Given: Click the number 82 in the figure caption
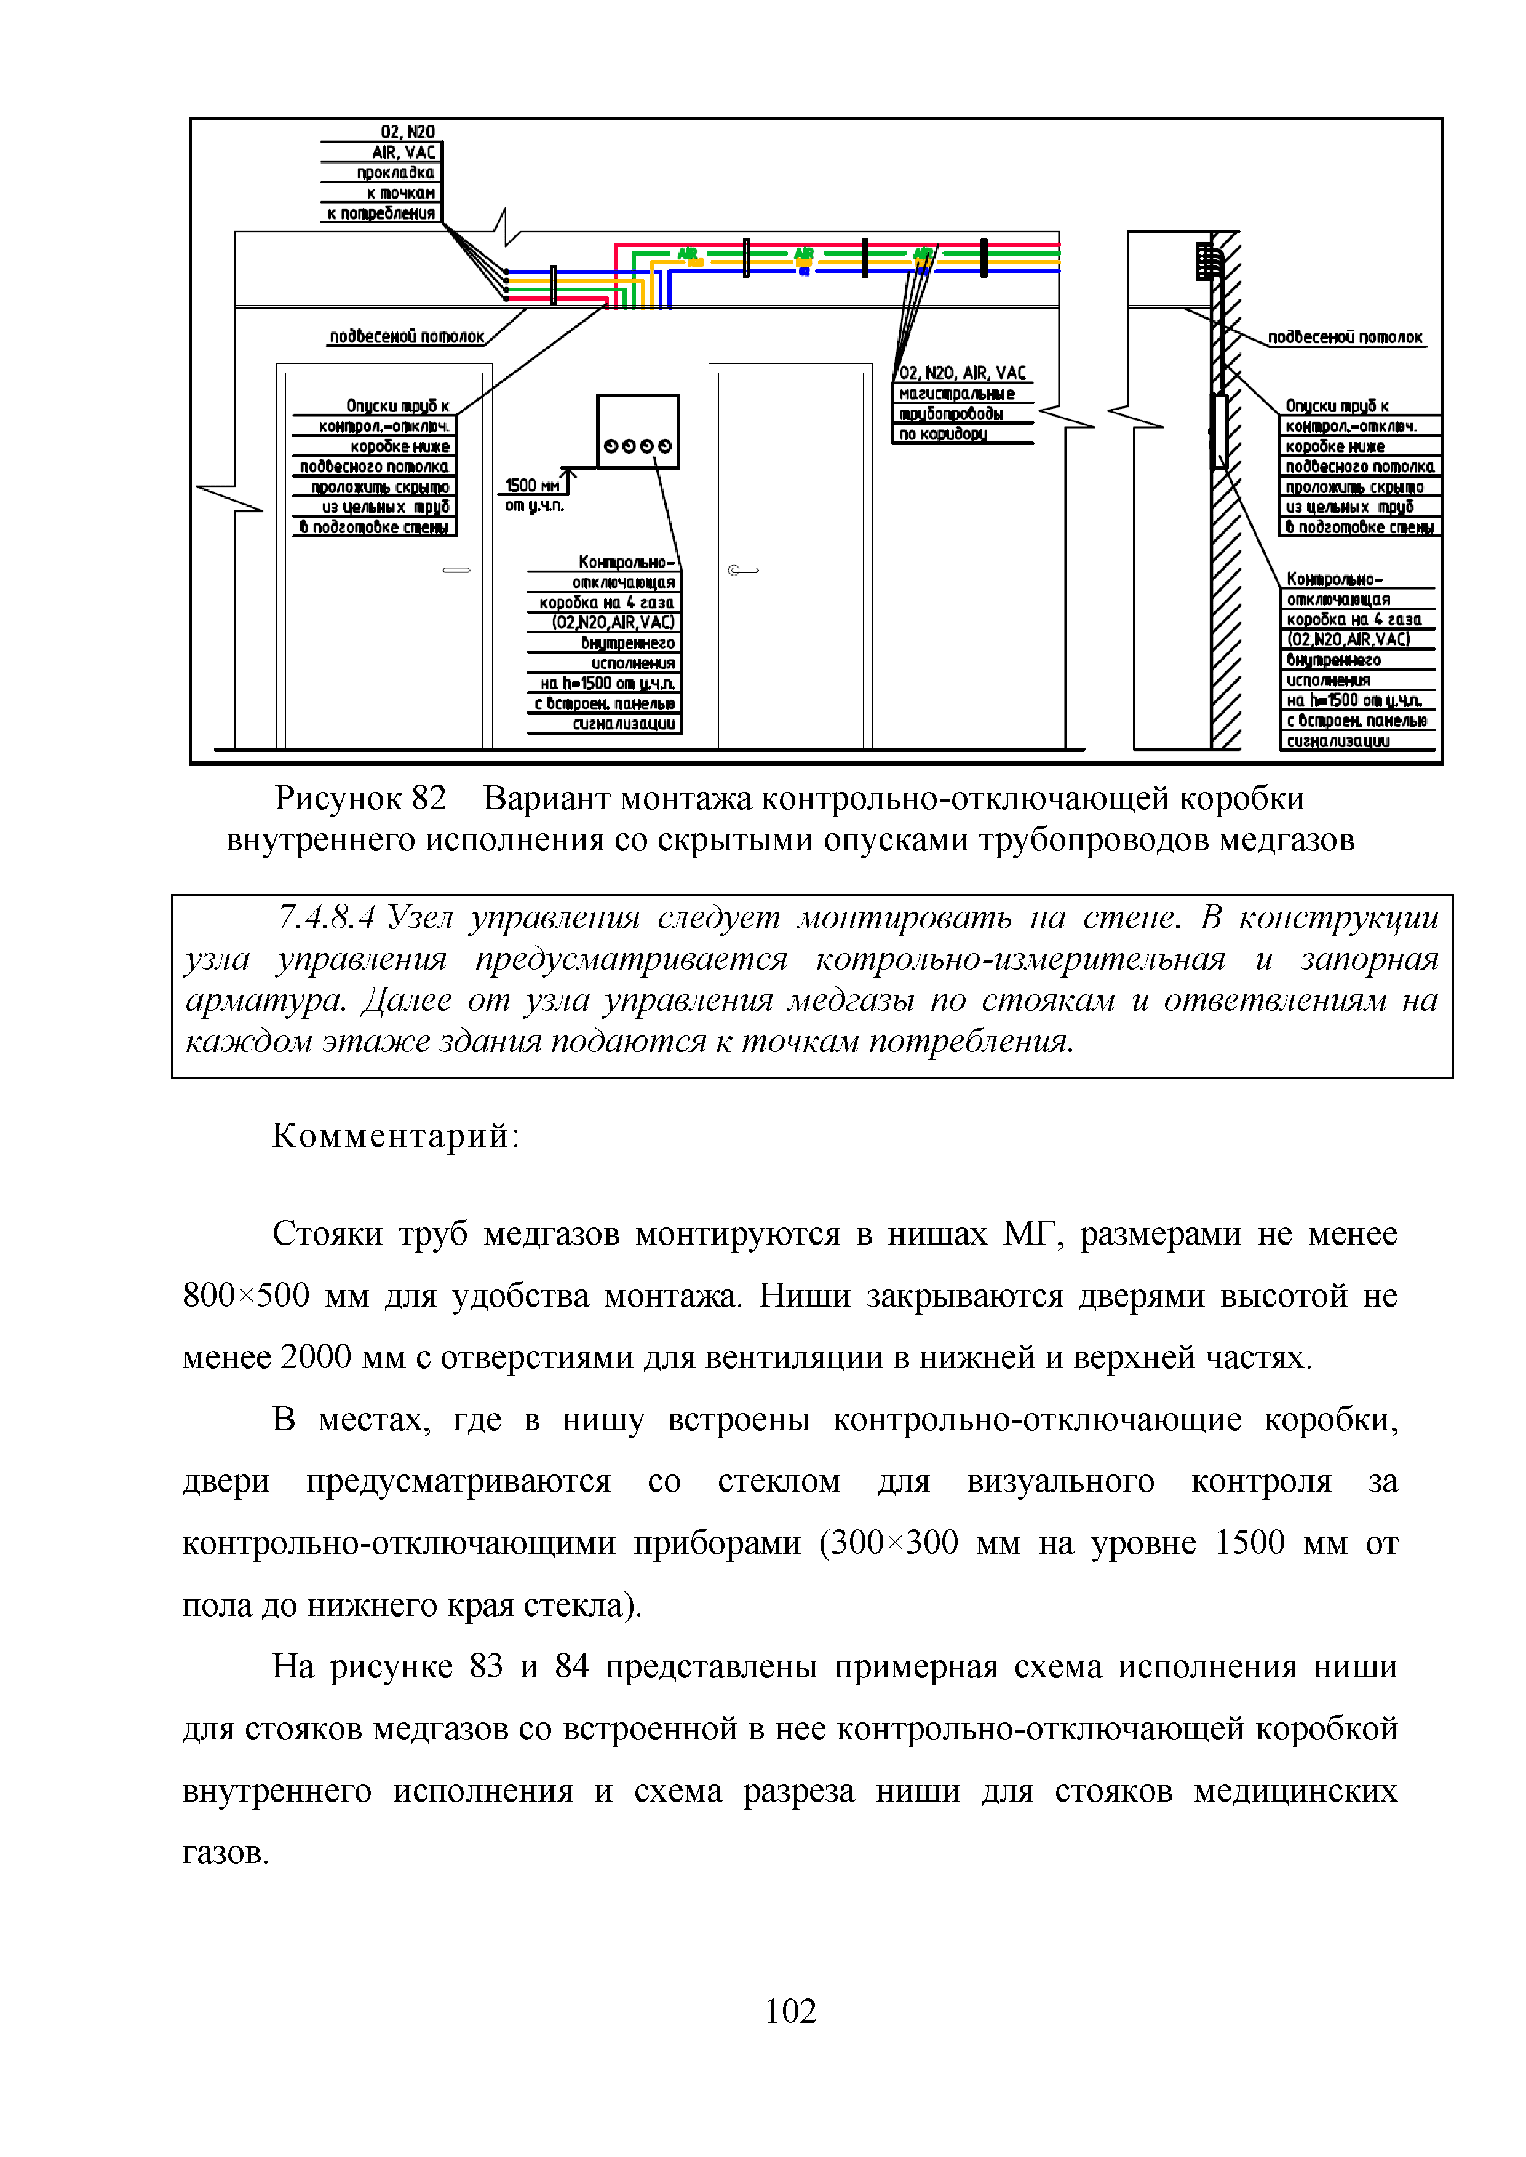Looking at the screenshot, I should click(x=429, y=799).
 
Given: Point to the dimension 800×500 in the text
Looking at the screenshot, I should click(x=246, y=1296).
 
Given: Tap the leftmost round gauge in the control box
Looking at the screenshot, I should click(x=611, y=446).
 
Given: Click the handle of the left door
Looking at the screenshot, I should click(x=456, y=570).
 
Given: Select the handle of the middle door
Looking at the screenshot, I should click(x=742, y=570).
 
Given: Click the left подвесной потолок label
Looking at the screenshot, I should click(x=407, y=336).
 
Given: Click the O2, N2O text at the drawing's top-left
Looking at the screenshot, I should click(x=408, y=132).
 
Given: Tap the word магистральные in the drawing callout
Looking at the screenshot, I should click(x=956, y=394).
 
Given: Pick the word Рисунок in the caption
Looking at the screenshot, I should click(x=337, y=799).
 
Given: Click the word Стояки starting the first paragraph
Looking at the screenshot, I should click(x=327, y=1233).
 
